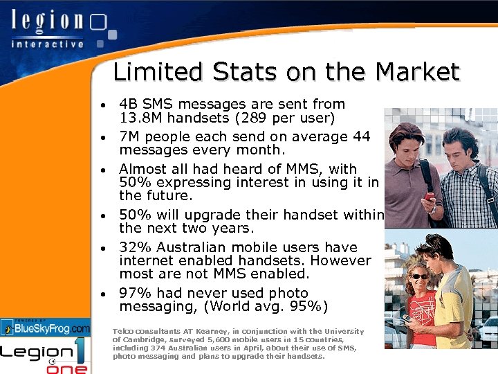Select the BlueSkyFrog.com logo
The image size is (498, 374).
pyautogui.click(x=46, y=327)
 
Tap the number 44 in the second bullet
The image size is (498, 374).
pyautogui.click(x=361, y=136)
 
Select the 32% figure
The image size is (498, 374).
pyautogui.click(x=136, y=247)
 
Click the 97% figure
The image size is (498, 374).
pyautogui.click(x=136, y=293)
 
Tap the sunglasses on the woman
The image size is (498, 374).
pyautogui.click(x=419, y=276)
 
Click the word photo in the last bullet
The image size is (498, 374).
pyautogui.click(x=282, y=293)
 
